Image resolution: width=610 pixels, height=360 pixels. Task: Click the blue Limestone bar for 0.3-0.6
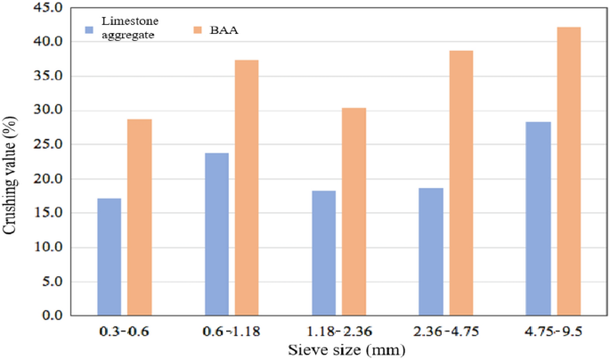(x=109, y=257)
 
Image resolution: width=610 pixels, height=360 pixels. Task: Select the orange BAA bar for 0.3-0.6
(x=140, y=217)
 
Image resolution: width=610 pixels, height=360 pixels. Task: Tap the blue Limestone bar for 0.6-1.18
(x=216, y=234)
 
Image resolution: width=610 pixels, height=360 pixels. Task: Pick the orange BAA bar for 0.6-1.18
(x=247, y=188)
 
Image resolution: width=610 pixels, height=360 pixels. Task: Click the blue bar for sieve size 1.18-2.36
(x=323, y=253)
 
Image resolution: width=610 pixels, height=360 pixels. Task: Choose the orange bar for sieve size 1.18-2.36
(x=354, y=212)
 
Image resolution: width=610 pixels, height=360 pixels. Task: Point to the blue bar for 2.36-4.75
(x=431, y=251)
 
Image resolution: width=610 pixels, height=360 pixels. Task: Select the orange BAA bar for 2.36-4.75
(x=461, y=183)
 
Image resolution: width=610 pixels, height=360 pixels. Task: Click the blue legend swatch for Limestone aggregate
(x=90, y=30)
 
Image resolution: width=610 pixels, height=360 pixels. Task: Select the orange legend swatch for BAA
(x=198, y=30)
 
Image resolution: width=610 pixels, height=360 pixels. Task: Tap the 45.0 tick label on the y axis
(x=49, y=8)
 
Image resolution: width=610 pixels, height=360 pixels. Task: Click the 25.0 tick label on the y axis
(x=49, y=144)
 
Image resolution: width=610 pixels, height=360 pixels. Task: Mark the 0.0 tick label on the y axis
(x=52, y=315)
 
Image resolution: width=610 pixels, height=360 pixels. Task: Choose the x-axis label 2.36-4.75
(x=445, y=333)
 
